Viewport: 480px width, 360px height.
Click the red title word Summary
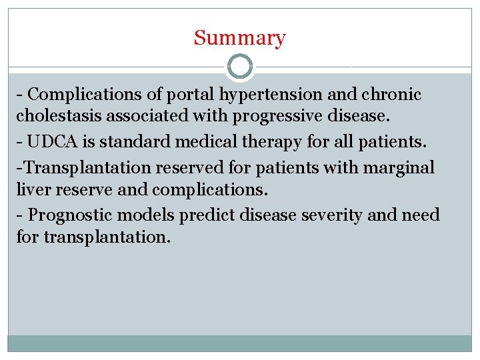click(239, 38)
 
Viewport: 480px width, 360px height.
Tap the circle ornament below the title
click(240, 67)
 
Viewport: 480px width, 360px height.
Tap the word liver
click(31, 190)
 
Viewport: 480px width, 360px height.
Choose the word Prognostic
click(71, 215)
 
